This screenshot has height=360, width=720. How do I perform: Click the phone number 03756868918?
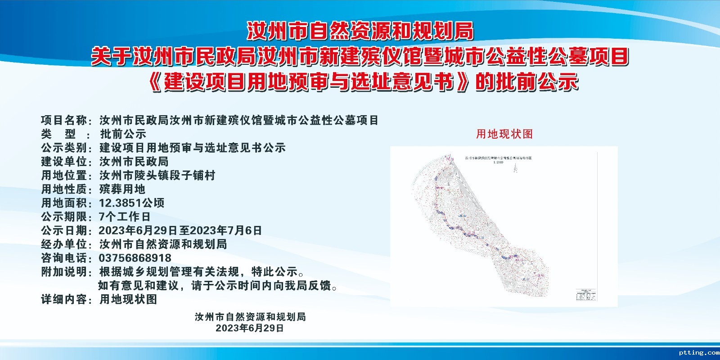click(x=135, y=258)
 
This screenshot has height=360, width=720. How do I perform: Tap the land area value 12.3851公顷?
click(x=131, y=203)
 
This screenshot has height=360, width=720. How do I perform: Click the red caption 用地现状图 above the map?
click(x=504, y=134)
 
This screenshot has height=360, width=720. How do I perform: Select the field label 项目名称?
click(x=64, y=121)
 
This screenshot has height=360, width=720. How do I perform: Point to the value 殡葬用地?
click(x=122, y=189)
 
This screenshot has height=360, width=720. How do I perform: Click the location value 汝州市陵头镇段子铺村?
click(x=157, y=175)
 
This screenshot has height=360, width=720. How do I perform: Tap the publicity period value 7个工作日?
click(x=125, y=217)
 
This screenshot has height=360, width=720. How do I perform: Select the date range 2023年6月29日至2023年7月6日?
click(x=180, y=231)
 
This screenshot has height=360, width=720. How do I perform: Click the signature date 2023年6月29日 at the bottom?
click(x=250, y=328)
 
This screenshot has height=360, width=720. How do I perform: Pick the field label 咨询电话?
click(x=64, y=258)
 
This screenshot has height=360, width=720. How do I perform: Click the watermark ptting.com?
click(x=699, y=353)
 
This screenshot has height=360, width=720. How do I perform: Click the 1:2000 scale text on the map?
click(x=498, y=162)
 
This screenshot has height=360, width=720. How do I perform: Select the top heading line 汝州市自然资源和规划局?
click(x=360, y=31)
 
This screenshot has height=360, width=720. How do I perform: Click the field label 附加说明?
click(x=64, y=272)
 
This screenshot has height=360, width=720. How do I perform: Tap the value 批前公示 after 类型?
click(x=123, y=134)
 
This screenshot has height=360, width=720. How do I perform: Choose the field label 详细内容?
click(x=64, y=299)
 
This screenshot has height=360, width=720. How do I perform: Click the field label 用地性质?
click(x=64, y=189)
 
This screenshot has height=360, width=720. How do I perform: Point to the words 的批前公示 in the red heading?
click(x=526, y=83)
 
